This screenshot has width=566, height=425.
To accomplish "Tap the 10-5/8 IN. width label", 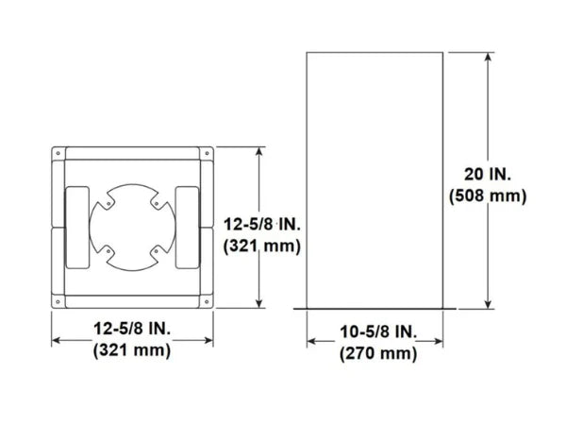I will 376,331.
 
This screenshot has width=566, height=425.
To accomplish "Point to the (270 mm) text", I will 376,353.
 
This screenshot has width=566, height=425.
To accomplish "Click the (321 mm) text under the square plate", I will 133,350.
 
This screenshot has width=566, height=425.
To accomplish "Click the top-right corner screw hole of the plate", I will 206,151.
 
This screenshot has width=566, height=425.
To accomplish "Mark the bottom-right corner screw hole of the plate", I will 206,302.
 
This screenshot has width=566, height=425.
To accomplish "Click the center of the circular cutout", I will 132,227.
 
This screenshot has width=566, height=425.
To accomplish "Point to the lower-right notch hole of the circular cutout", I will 155,251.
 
